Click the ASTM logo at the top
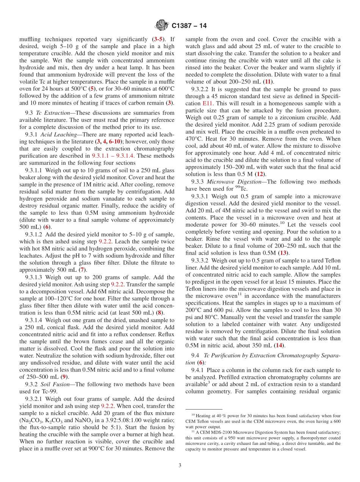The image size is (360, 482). pyautogui.click(x=162, y=26)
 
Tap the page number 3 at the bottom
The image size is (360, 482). pyautogui.click(x=180, y=465)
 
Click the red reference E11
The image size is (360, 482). pyautogui.click(x=208, y=103)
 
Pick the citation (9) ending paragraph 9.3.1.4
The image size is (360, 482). pyautogui.click(x=65, y=377)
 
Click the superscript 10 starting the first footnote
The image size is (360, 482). pyautogui.click(x=193, y=415)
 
